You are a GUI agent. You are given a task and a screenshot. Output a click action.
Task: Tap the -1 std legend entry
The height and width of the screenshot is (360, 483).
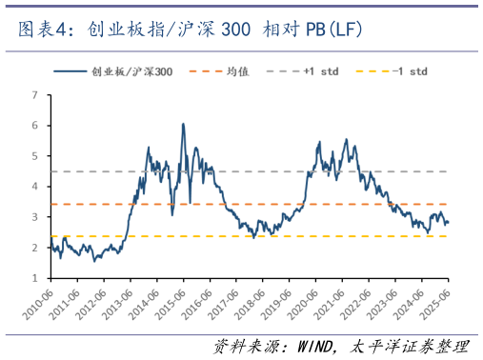407,71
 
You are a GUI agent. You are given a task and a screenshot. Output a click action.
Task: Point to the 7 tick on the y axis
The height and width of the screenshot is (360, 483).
35,95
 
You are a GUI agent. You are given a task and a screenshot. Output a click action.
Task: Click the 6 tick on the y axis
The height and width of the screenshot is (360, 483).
35,126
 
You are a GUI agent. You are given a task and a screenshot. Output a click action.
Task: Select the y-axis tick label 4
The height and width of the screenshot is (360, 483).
35,187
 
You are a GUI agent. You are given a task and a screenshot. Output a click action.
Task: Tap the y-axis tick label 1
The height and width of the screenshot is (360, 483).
35,278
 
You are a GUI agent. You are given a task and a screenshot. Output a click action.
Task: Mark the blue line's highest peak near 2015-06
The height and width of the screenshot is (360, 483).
183,124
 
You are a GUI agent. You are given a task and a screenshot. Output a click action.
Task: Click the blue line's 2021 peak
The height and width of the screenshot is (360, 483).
346,139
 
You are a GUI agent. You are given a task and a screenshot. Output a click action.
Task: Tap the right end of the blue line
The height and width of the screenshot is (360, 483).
449,223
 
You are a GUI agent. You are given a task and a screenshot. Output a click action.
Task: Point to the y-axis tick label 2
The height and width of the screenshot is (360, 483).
35,248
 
